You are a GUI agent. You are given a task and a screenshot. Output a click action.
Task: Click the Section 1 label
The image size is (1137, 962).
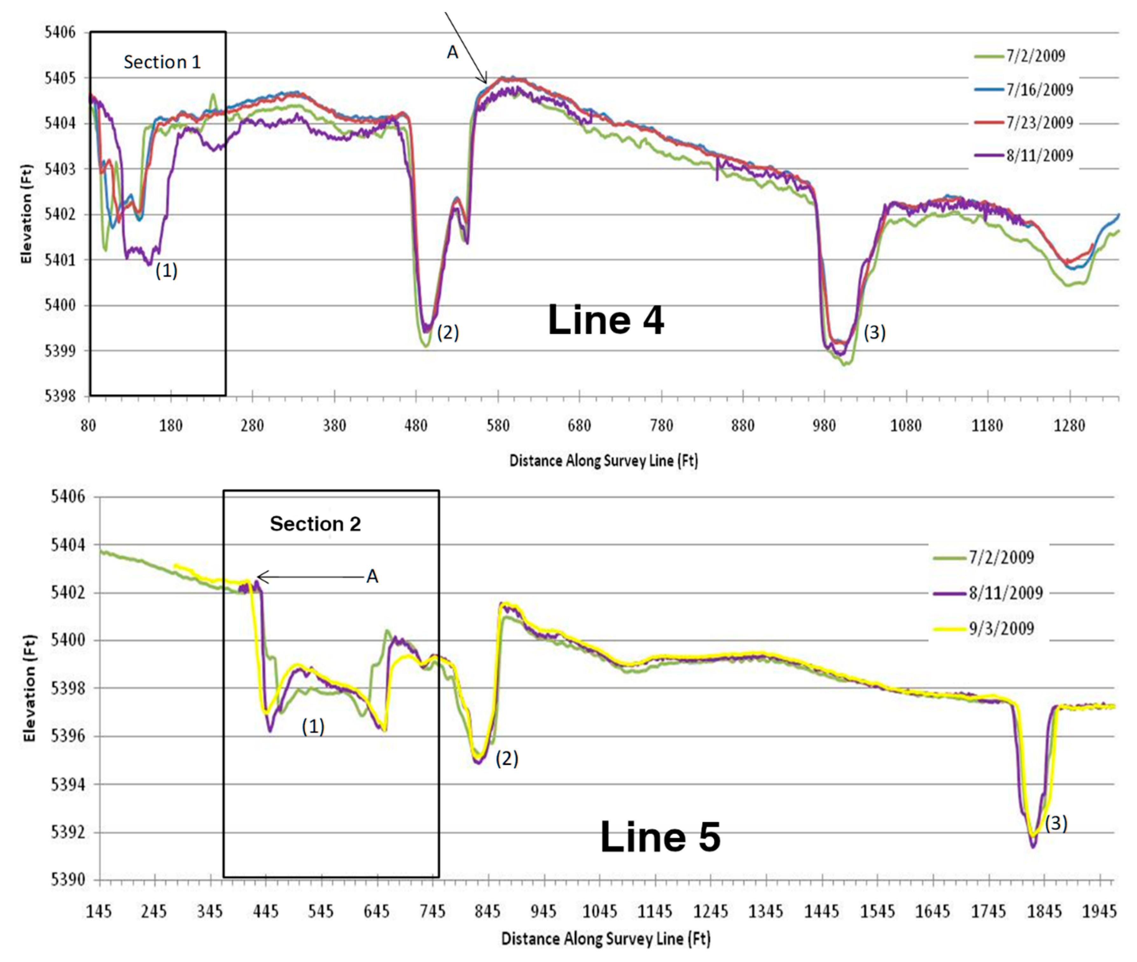(x=162, y=62)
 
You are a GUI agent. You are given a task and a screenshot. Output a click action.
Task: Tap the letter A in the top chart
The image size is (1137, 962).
(x=452, y=52)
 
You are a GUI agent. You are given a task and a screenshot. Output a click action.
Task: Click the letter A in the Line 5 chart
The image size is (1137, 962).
(x=372, y=577)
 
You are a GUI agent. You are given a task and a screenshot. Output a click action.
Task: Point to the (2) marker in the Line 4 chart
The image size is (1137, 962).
(x=448, y=332)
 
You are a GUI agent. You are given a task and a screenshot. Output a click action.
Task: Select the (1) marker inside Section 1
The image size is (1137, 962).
(x=166, y=271)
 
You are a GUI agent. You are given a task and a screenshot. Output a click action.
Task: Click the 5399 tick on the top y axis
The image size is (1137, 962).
(x=60, y=351)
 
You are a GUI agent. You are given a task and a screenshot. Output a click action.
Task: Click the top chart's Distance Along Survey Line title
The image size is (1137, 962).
(x=603, y=461)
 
